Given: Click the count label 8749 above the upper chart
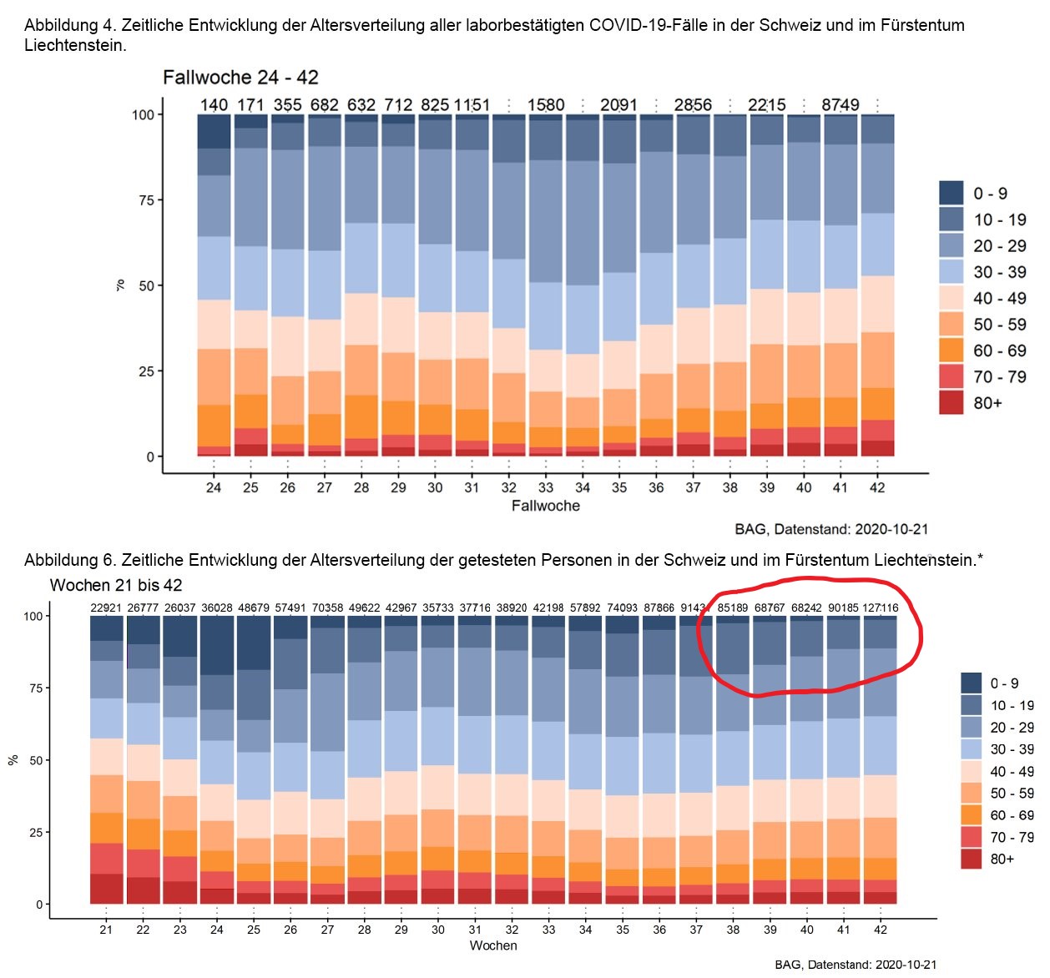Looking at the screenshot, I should point(840,105).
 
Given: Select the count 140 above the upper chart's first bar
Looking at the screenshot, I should point(214,105).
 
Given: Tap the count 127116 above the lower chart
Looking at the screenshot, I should point(880,608).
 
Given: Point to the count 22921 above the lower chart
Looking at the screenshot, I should point(106,608).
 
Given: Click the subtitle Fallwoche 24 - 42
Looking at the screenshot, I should point(240,78).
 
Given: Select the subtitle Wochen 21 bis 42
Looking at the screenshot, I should point(116,585).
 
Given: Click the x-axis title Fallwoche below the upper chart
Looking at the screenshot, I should point(545,506).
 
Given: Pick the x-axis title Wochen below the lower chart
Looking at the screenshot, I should point(493,945).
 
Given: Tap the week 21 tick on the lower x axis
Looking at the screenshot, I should point(106,930).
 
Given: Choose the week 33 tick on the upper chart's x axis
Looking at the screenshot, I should point(545,487).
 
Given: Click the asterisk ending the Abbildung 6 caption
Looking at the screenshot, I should point(980,558).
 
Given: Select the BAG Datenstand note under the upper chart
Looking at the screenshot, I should point(831,529).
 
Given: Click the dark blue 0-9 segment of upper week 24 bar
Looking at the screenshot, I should point(214,132).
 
